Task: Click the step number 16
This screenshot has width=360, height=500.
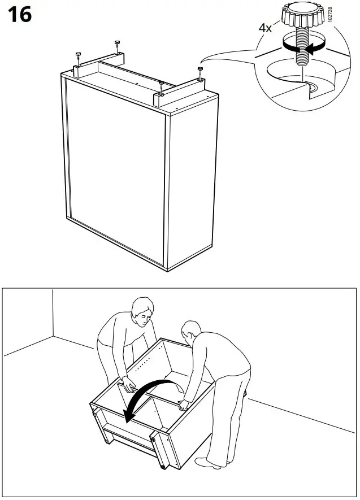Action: click(x=19, y=15)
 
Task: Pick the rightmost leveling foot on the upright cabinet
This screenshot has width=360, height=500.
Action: click(x=200, y=70)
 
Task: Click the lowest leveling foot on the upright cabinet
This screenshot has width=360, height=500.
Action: click(x=162, y=85)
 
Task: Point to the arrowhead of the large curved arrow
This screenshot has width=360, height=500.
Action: click(x=129, y=416)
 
